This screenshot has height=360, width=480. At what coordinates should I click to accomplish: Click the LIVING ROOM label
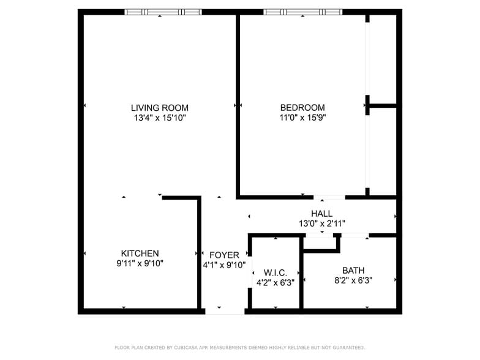[159, 108]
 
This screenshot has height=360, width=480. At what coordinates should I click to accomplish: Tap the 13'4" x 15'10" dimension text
[159, 118]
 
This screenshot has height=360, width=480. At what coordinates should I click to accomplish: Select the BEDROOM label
[302, 108]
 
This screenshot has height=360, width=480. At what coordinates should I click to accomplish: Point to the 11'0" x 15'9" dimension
[302, 118]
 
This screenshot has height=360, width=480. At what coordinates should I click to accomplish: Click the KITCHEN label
[140, 253]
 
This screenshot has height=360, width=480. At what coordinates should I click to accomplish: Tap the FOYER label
[224, 255]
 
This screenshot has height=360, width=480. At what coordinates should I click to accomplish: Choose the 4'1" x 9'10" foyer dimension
[224, 265]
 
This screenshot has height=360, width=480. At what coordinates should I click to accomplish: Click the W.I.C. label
[275, 272]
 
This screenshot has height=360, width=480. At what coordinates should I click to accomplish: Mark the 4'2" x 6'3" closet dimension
[275, 283]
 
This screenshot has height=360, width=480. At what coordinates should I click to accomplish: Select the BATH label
[353, 270]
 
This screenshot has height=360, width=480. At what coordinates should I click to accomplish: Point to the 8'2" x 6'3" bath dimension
[353, 280]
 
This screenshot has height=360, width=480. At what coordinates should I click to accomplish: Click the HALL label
[321, 214]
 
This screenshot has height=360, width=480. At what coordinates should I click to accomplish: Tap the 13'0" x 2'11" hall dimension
[321, 223]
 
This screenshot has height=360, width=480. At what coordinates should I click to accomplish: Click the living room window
[163, 12]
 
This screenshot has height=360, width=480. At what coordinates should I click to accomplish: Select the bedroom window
[302, 12]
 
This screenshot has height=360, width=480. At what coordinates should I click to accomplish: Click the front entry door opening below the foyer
[224, 311]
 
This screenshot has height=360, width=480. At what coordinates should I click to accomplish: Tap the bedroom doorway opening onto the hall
[329, 197]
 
